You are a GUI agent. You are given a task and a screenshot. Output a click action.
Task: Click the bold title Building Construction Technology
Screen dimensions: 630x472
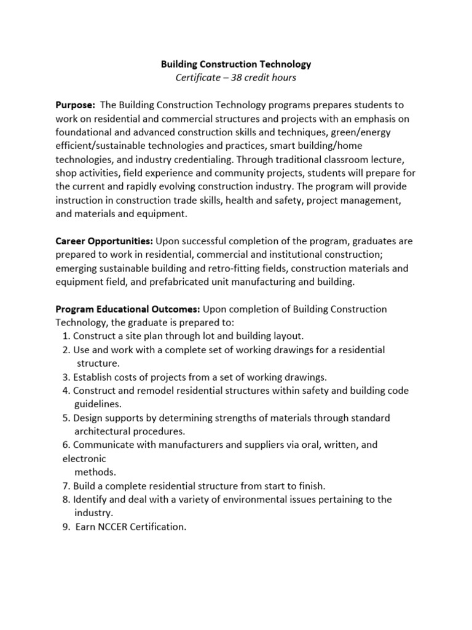point(236,64)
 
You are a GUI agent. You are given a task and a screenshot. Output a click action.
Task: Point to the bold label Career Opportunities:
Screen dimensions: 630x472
point(104,241)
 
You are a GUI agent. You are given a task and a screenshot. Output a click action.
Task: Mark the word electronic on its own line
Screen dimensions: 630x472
point(84,458)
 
